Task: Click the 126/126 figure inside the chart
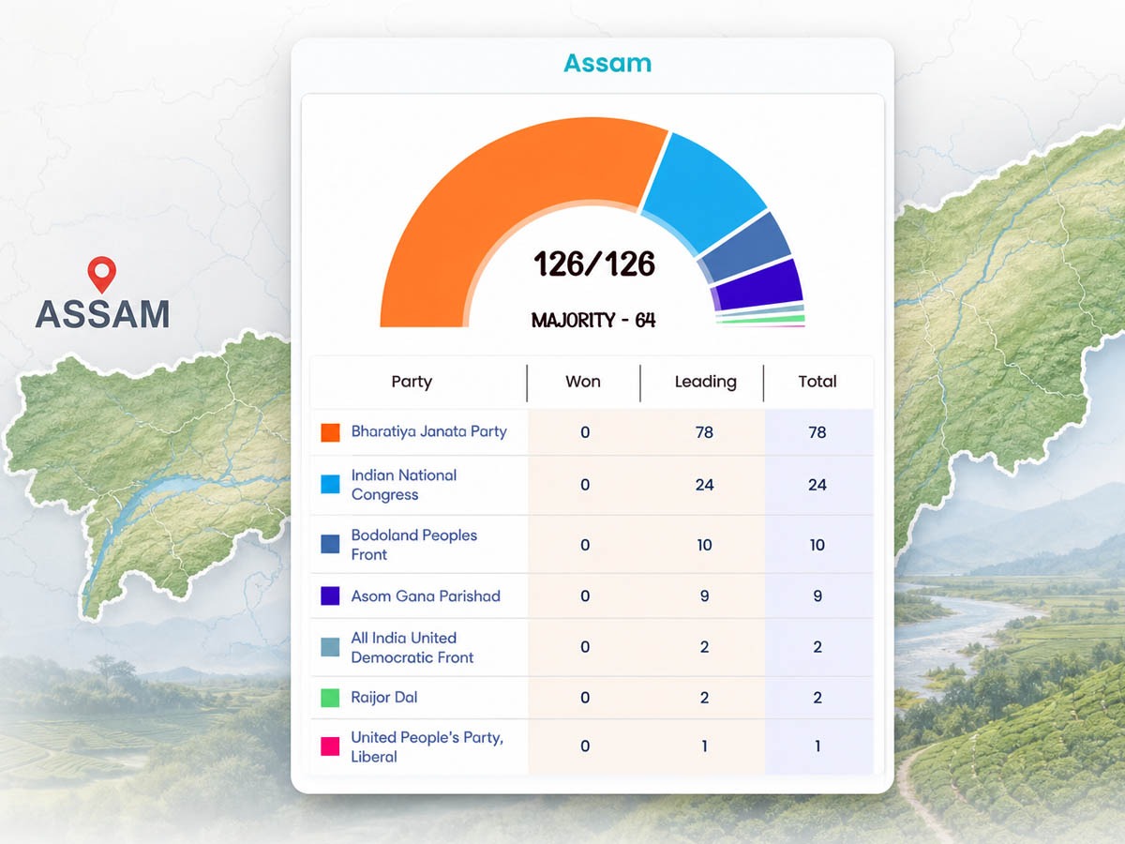coord(594,264)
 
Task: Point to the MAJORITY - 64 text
coord(593,321)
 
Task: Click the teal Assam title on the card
coord(607,64)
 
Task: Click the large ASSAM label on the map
coord(102,314)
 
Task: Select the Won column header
coord(583,382)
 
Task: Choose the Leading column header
coord(705,382)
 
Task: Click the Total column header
coord(817,382)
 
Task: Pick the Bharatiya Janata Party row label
coord(429,431)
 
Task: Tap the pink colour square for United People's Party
coord(330,746)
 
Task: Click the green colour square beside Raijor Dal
coord(330,698)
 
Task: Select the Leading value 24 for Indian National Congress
coord(704,485)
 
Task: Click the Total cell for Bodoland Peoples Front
coord(817,545)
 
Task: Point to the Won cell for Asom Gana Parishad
coord(585,596)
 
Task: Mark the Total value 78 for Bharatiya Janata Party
coord(817,432)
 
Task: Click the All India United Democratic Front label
coord(412,648)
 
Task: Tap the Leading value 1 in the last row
coord(705,746)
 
